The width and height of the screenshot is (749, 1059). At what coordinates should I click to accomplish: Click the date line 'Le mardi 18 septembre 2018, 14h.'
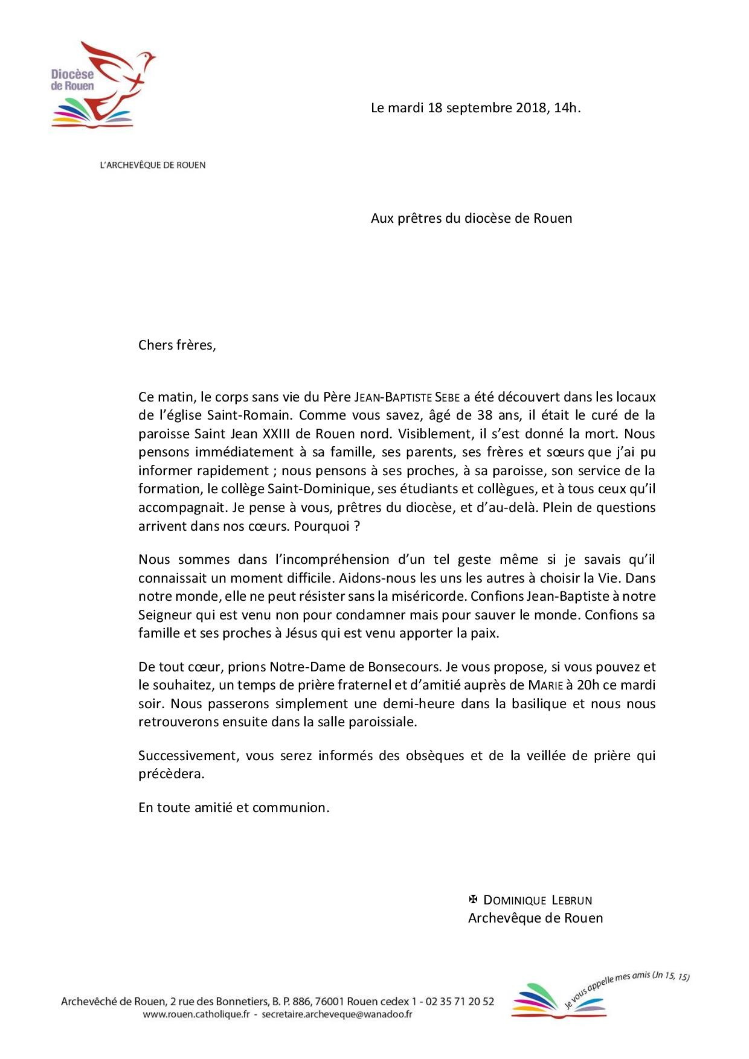[475, 108]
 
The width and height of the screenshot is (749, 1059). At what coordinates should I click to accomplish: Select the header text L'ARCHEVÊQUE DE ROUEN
[152, 165]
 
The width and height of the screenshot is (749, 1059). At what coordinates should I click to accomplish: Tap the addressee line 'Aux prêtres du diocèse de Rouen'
[471, 218]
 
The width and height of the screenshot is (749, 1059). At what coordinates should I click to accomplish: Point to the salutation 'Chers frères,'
[177, 345]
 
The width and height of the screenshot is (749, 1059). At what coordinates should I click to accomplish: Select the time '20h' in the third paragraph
[587, 685]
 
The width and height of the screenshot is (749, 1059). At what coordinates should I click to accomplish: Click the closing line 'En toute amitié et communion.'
[234, 807]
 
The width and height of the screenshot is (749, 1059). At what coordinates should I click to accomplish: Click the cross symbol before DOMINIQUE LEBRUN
[474, 900]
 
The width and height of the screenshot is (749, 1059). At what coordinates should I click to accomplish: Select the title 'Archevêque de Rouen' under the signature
[535, 918]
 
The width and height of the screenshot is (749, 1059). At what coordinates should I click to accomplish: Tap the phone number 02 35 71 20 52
[460, 1002]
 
